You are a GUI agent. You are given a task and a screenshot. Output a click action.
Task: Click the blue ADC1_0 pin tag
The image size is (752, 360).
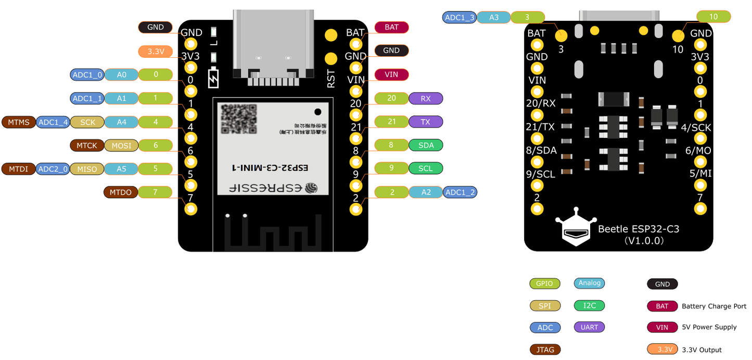(87, 75)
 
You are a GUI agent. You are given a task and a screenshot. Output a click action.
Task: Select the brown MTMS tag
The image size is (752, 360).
(19, 122)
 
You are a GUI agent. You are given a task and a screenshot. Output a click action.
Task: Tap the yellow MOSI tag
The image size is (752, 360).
(121, 146)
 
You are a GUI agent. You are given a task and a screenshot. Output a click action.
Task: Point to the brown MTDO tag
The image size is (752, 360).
(121, 192)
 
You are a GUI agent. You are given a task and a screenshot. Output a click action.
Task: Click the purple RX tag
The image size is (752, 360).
(425, 98)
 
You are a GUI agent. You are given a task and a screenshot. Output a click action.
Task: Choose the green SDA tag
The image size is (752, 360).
(426, 145)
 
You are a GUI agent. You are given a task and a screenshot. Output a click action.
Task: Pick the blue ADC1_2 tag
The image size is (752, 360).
(460, 192)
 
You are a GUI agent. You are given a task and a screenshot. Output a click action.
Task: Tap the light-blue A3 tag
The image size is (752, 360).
(494, 17)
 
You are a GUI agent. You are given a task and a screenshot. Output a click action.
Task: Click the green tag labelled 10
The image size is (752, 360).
(713, 17)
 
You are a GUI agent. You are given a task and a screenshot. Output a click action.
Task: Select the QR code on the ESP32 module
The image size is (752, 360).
(239, 119)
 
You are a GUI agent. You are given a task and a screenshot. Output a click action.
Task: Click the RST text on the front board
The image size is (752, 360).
(331, 79)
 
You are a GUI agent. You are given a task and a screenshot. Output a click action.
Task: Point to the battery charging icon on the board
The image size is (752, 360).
(213, 78)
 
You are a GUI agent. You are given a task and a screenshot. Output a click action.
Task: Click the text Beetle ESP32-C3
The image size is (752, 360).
(639, 229)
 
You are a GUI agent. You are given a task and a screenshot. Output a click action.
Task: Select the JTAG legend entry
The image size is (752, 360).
(545, 350)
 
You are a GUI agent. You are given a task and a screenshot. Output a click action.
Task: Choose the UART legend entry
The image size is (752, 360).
(589, 327)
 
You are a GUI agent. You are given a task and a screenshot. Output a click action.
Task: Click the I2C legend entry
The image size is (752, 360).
(589, 305)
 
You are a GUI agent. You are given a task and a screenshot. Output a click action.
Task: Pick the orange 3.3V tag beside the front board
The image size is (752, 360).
(156, 52)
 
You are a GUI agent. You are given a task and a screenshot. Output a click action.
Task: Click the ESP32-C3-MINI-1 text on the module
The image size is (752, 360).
(270, 168)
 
